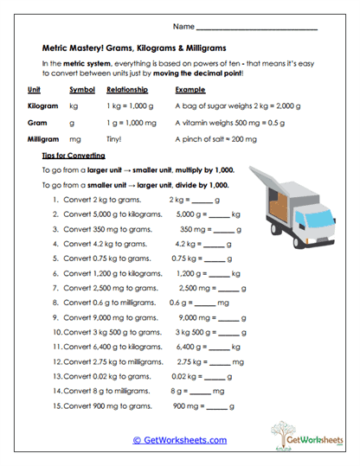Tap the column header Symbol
pos(82,89)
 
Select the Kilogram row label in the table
pos(42,105)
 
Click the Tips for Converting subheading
pos(74,155)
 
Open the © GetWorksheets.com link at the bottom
pos(179,439)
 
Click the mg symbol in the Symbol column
pos(75,138)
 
